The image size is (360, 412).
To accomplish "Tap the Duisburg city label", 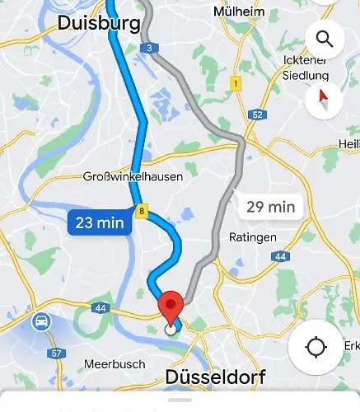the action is click(98, 24).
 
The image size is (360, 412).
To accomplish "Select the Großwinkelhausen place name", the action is click(133, 176).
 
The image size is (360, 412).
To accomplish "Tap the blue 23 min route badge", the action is click(99, 222).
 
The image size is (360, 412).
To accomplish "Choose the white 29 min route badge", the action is click(271, 207).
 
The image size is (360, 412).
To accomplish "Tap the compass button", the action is click(324, 101).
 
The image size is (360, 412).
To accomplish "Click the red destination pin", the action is click(171, 307).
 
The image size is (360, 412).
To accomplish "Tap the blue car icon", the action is click(40, 322).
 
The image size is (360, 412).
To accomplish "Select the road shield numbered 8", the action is click(142, 213).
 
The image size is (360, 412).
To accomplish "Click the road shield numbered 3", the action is click(148, 49).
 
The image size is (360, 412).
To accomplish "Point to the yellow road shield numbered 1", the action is click(236, 83).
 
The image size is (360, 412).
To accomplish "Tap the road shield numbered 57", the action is click(57, 353).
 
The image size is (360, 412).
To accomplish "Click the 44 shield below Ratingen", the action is click(281, 257).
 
